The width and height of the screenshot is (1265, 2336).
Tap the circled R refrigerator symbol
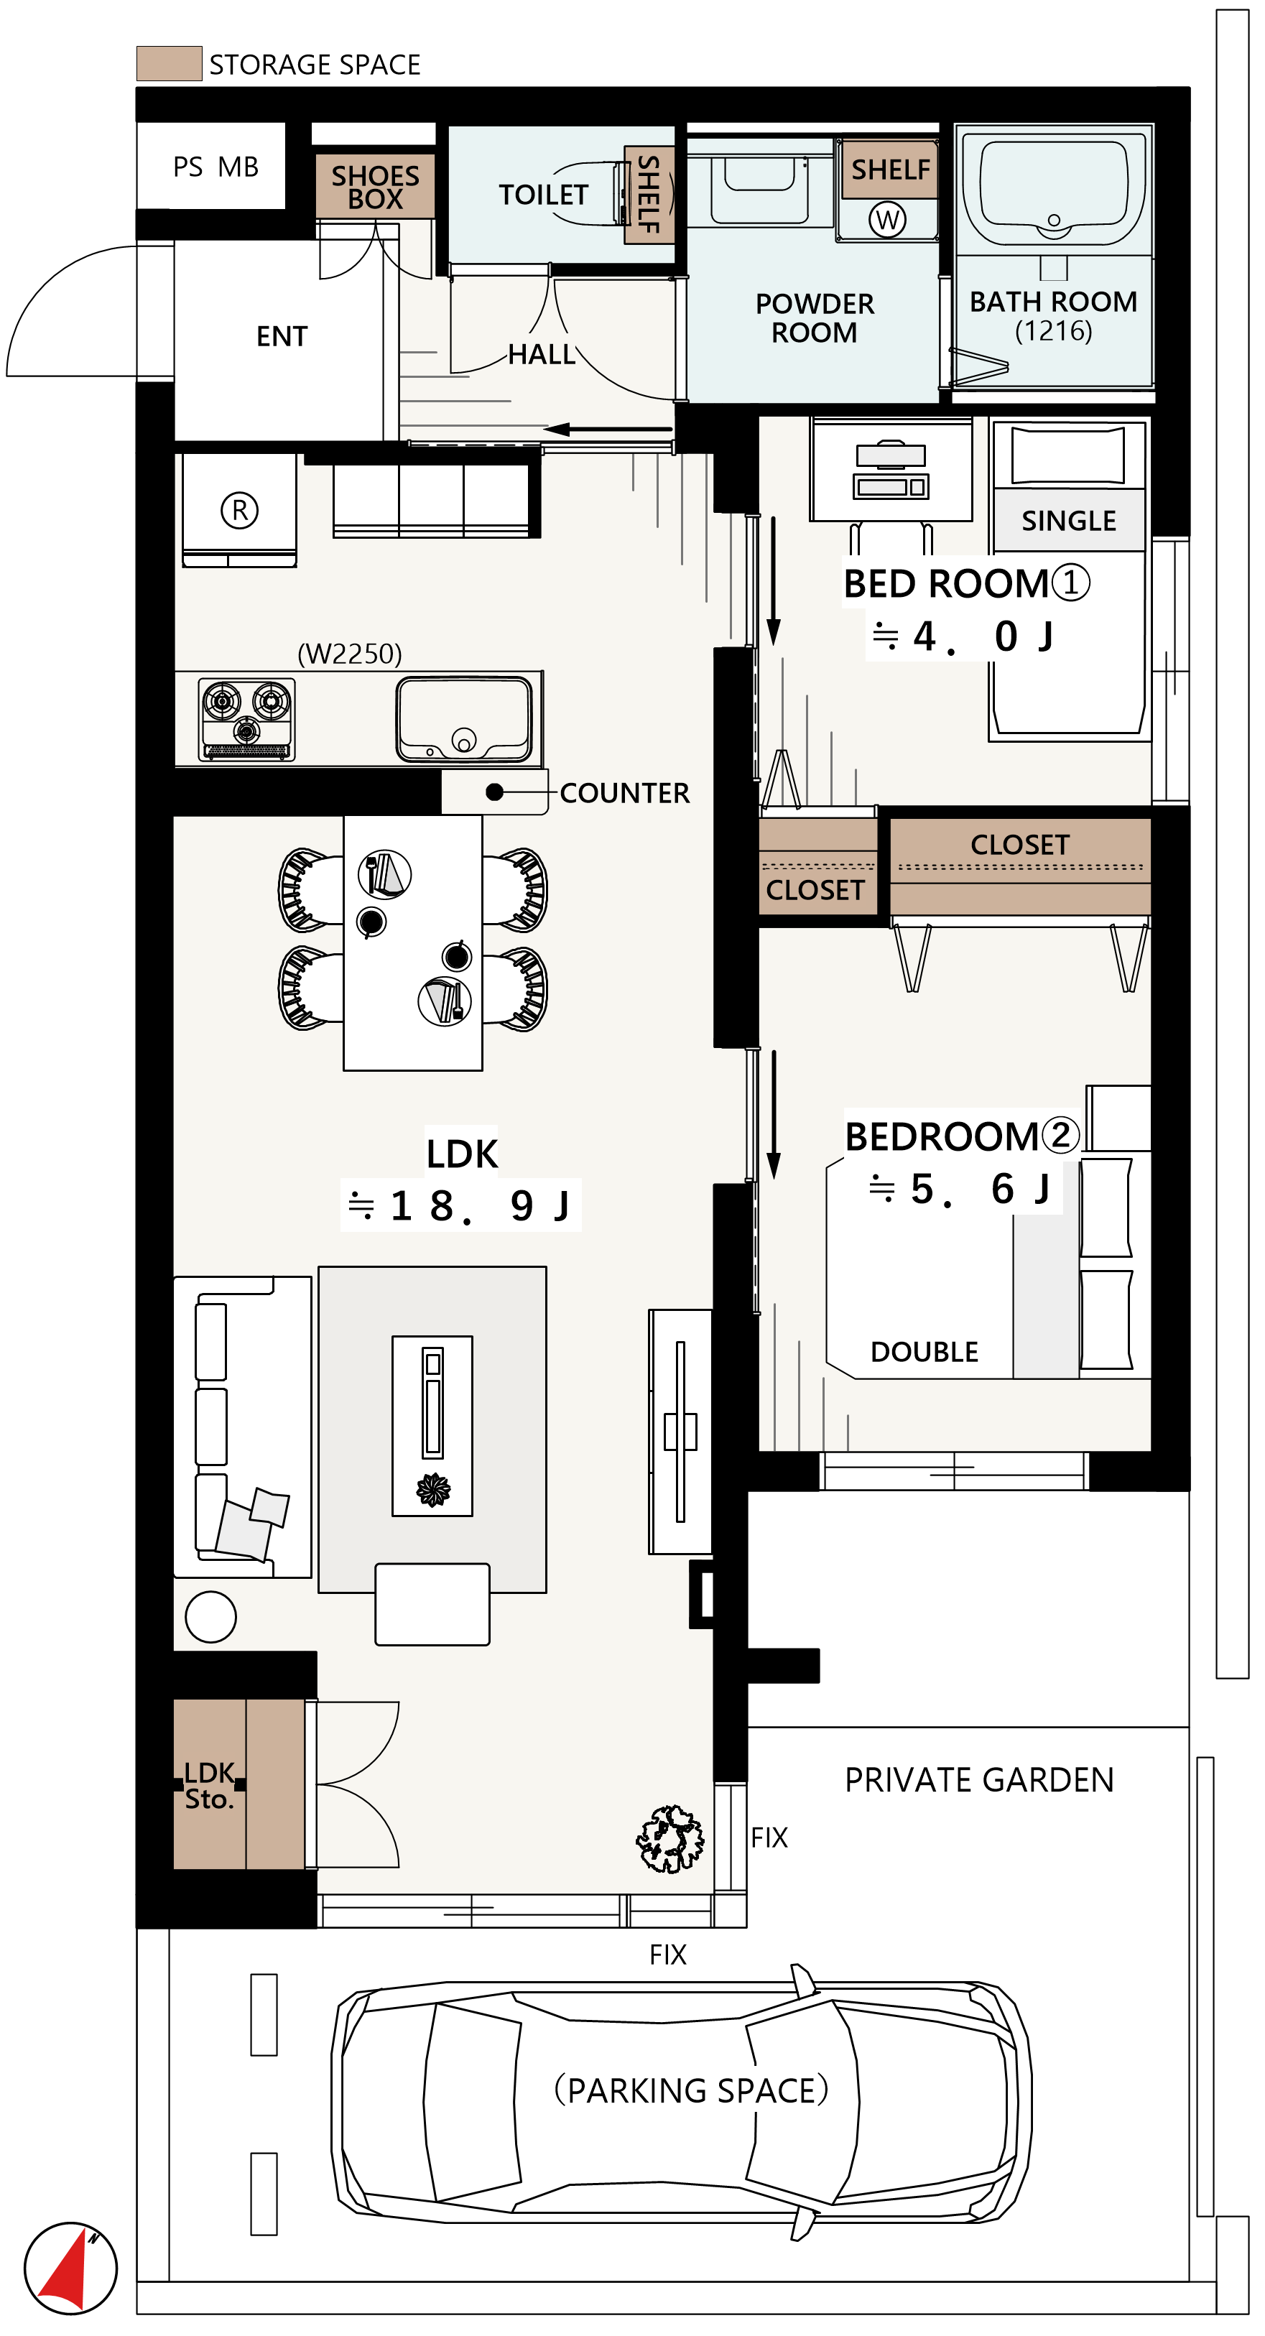(239, 511)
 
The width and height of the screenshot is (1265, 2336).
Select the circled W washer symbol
(888, 220)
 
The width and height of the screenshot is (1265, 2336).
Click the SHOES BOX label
(376, 187)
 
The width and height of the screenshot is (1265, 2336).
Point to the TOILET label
(543, 195)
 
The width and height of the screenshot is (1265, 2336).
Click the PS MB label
(216, 167)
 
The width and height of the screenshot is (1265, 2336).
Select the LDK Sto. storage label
(210, 1786)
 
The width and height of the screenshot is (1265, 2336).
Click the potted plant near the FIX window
(670, 1838)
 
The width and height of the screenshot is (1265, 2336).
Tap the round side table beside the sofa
(210, 1617)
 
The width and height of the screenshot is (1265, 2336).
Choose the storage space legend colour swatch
(169, 63)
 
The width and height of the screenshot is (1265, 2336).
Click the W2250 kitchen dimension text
(349, 654)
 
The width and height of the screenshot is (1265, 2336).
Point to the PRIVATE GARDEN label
(979, 1780)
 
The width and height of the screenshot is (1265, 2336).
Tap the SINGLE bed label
(1068, 521)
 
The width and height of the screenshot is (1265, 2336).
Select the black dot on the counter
(494, 792)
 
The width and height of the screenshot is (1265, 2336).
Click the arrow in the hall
(608, 429)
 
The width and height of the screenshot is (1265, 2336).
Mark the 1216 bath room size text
(1053, 330)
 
